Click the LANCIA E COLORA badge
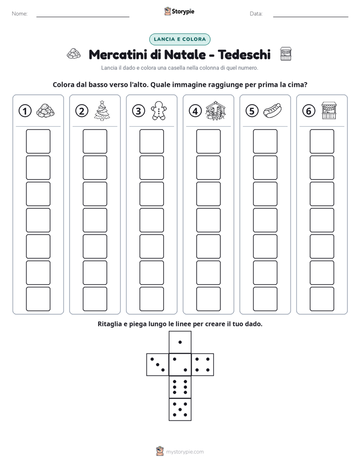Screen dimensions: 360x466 (x=179, y=39)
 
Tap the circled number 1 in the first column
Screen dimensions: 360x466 (x=25, y=111)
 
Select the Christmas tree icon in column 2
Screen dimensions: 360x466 (x=102, y=110)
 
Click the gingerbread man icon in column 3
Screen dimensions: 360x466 (x=159, y=110)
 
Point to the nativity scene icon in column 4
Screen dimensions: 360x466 (x=216, y=110)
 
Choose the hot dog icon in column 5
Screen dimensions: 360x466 (x=272, y=110)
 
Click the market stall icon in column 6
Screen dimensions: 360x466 (x=329, y=110)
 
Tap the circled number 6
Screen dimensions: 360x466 (x=309, y=111)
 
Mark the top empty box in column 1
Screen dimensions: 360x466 (x=38, y=141)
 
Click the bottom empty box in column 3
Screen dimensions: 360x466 (x=151, y=299)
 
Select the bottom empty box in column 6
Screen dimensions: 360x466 (x=322, y=299)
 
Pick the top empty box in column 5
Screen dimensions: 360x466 (x=265, y=141)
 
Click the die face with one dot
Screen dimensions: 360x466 (x=180, y=342)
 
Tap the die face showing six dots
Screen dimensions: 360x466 (x=180, y=387)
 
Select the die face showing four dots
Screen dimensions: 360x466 (x=203, y=365)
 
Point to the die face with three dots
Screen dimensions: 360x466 (x=158, y=365)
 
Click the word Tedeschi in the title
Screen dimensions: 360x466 (x=244, y=54)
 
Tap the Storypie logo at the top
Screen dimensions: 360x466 (x=179, y=12)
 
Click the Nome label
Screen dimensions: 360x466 (x=20, y=14)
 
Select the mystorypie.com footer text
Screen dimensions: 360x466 (x=185, y=452)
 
